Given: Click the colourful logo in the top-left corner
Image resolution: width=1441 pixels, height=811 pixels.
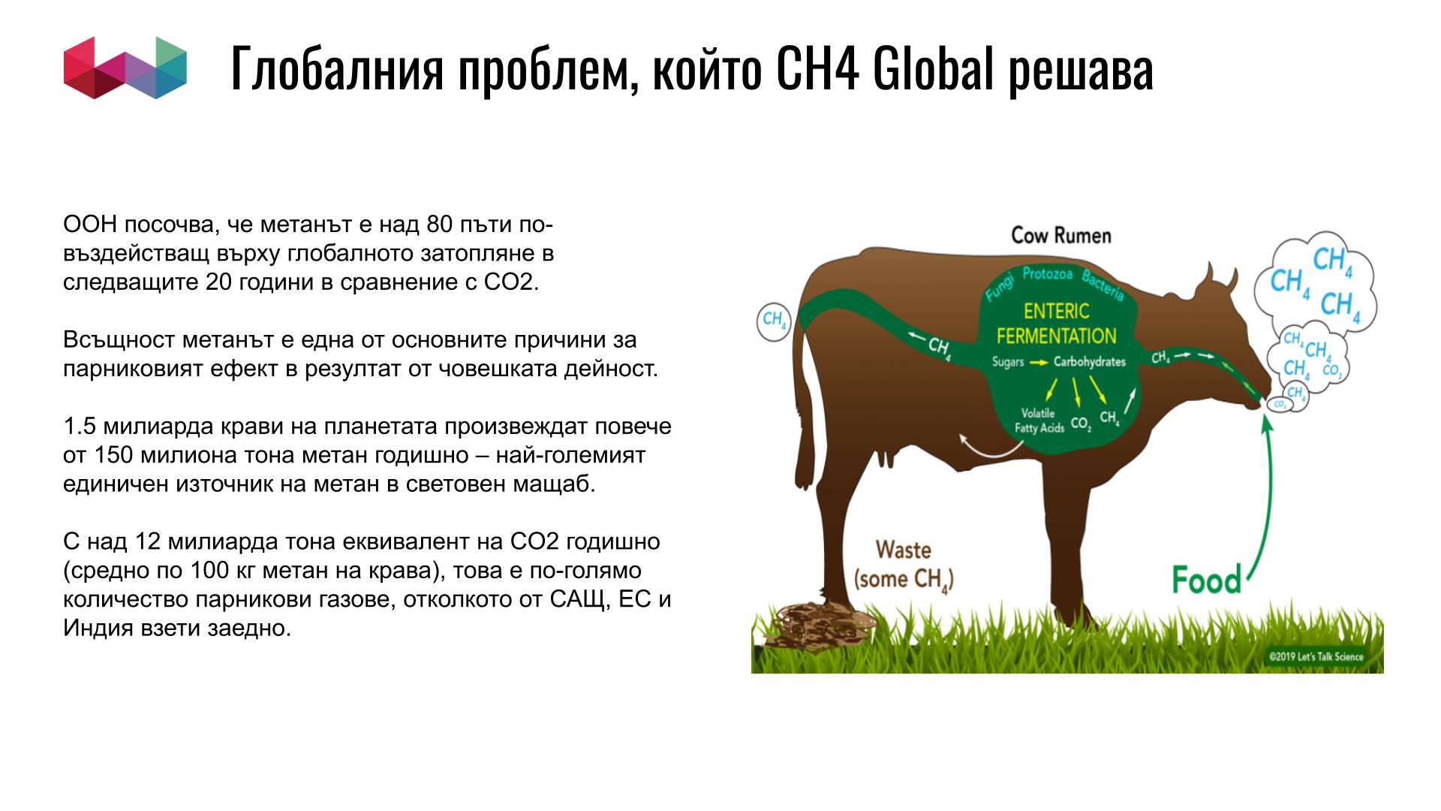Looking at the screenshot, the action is pos(125,68).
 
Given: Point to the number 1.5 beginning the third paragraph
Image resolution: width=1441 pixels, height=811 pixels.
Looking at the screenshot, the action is pos(80,427).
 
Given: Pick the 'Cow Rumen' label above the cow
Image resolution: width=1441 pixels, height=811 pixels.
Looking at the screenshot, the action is pos(1060,236).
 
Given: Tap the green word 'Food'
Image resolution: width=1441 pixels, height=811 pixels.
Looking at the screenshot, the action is pos(1207,580).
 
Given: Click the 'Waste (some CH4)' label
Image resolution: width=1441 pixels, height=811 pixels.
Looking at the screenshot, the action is pos(904,564).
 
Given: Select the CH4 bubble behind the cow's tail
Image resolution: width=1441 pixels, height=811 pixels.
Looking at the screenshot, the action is pos(774,321).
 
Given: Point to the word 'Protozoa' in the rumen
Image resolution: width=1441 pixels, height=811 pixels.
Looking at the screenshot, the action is pos(1047,274).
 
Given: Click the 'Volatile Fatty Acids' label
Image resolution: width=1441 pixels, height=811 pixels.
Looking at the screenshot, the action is pos(1039,421).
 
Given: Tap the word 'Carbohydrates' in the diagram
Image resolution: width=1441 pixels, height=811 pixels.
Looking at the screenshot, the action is pos(1090,362).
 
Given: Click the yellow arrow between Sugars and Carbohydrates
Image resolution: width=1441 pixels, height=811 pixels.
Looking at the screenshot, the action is pos(1038,363).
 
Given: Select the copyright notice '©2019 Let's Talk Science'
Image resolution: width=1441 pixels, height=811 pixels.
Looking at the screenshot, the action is pos(1316,657).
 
